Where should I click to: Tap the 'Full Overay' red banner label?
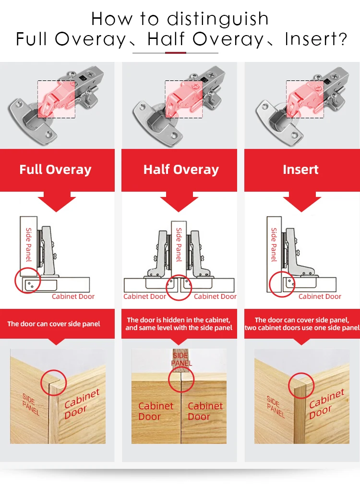(x=55, y=170)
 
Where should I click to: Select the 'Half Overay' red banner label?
(x=181, y=170)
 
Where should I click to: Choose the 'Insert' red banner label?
(x=300, y=170)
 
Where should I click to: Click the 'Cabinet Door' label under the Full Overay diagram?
(x=73, y=296)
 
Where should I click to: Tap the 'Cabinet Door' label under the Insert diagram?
(x=320, y=296)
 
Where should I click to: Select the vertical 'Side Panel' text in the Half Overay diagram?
(x=179, y=245)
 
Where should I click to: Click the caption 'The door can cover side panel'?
(x=54, y=324)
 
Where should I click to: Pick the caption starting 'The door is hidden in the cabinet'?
(x=179, y=324)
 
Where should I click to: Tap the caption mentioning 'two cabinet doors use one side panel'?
(x=302, y=324)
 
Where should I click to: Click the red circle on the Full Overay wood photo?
(x=53, y=382)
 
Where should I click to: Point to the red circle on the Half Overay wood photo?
(x=181, y=380)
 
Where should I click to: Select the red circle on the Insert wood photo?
(x=301, y=385)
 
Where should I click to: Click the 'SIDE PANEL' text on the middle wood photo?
(x=181, y=358)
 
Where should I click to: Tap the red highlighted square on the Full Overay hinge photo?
(x=56, y=98)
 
